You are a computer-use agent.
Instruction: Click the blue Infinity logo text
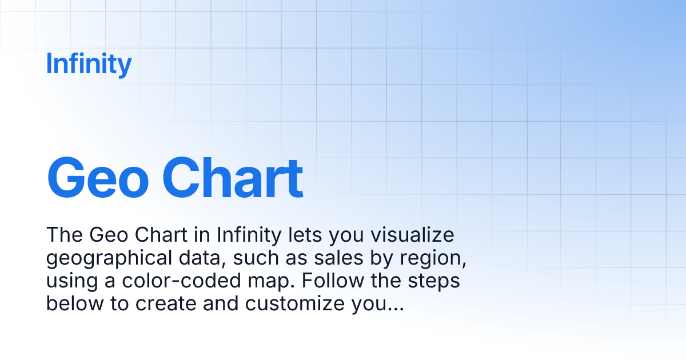pyautogui.click(x=89, y=64)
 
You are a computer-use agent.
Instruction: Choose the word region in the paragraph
pyautogui.click(x=438, y=259)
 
